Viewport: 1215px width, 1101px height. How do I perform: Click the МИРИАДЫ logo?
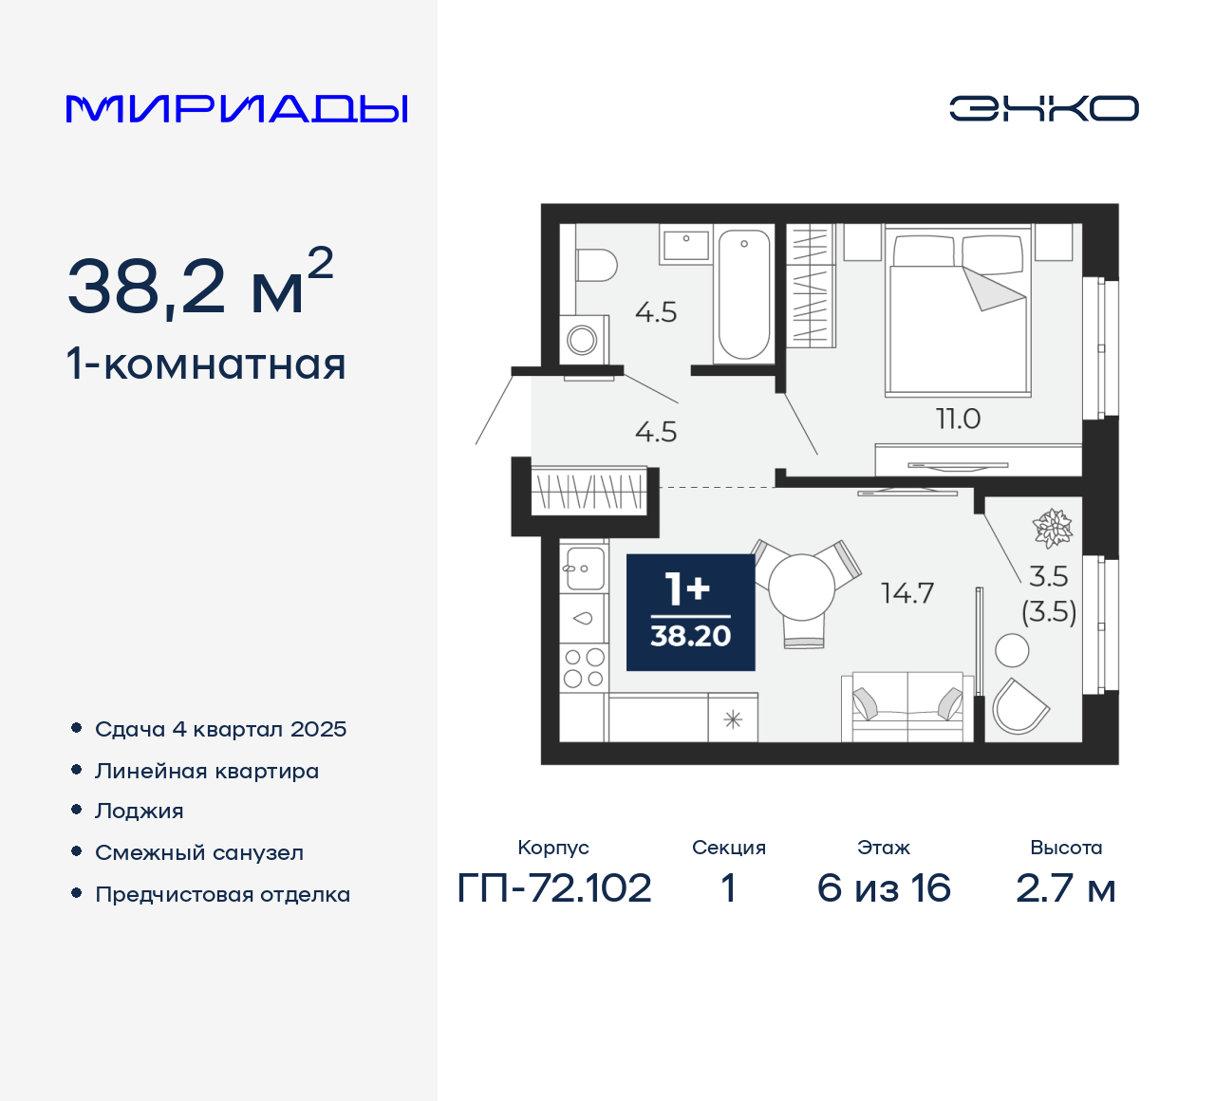pos(236,109)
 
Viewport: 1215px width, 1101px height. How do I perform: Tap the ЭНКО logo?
pos(1044,108)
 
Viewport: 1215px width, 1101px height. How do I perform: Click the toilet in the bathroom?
pos(595,265)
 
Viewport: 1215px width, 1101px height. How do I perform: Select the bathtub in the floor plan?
pos(743,294)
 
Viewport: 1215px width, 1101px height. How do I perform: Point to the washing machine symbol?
pos(582,339)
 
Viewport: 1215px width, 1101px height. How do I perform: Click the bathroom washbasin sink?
pos(685,245)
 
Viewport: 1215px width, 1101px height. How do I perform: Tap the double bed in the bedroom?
pos(958,313)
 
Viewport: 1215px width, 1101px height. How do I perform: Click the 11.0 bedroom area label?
pos(958,419)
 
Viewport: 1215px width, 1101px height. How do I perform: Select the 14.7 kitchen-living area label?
pos(907,593)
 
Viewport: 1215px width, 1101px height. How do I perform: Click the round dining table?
pos(801,588)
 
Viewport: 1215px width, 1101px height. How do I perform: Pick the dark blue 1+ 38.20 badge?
pos(690,612)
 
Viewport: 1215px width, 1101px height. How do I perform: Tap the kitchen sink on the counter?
pos(583,569)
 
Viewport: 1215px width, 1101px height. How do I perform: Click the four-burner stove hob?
pos(583,667)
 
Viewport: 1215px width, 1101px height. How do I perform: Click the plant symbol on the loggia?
pos(1052,529)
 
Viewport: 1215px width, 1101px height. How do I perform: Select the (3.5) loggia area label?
pos(1049,612)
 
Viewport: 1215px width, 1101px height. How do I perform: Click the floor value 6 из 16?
pos(884,888)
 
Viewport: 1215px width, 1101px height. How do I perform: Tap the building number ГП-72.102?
pos(554,888)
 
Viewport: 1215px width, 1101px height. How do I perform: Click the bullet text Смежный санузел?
pos(199,852)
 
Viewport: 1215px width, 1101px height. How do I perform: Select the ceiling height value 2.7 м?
pos(1065,888)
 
